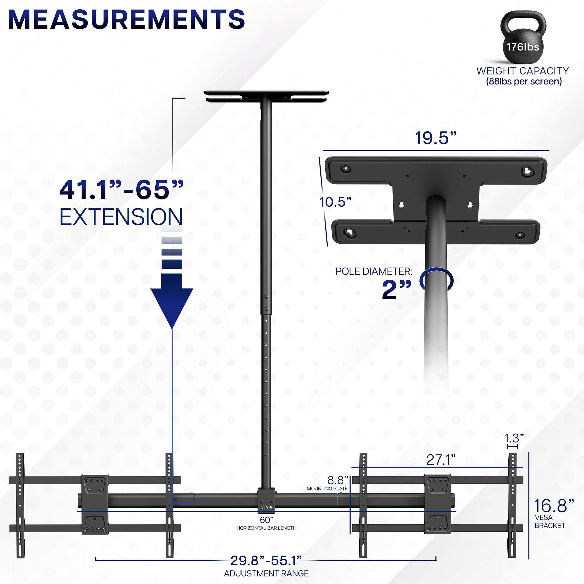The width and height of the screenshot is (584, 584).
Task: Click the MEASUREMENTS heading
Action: pos(126,20)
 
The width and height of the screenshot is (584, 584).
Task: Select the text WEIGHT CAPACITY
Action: pos(523,71)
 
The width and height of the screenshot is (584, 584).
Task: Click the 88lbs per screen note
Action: pos(524,82)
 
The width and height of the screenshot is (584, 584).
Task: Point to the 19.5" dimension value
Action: pos(435,138)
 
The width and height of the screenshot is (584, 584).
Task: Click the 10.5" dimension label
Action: pos(335,202)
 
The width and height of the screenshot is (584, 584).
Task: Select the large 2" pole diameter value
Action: pos(396,290)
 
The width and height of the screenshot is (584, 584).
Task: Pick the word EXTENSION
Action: pos(121,217)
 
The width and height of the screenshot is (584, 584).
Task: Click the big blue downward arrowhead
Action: pos(172,305)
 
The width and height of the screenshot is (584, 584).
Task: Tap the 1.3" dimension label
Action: pos(514,438)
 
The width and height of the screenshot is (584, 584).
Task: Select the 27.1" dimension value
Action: pos(441,460)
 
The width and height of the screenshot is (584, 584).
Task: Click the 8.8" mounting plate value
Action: pos(338,480)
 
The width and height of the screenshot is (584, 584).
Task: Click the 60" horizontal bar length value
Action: pos(266,520)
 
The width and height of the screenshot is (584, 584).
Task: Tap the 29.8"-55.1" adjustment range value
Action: pos(266,561)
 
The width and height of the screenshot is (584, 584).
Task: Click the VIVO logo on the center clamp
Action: pos(267,507)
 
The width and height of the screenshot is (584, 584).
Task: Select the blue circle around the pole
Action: pos(436,280)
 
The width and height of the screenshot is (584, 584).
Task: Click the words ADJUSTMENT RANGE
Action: pos(266,573)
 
